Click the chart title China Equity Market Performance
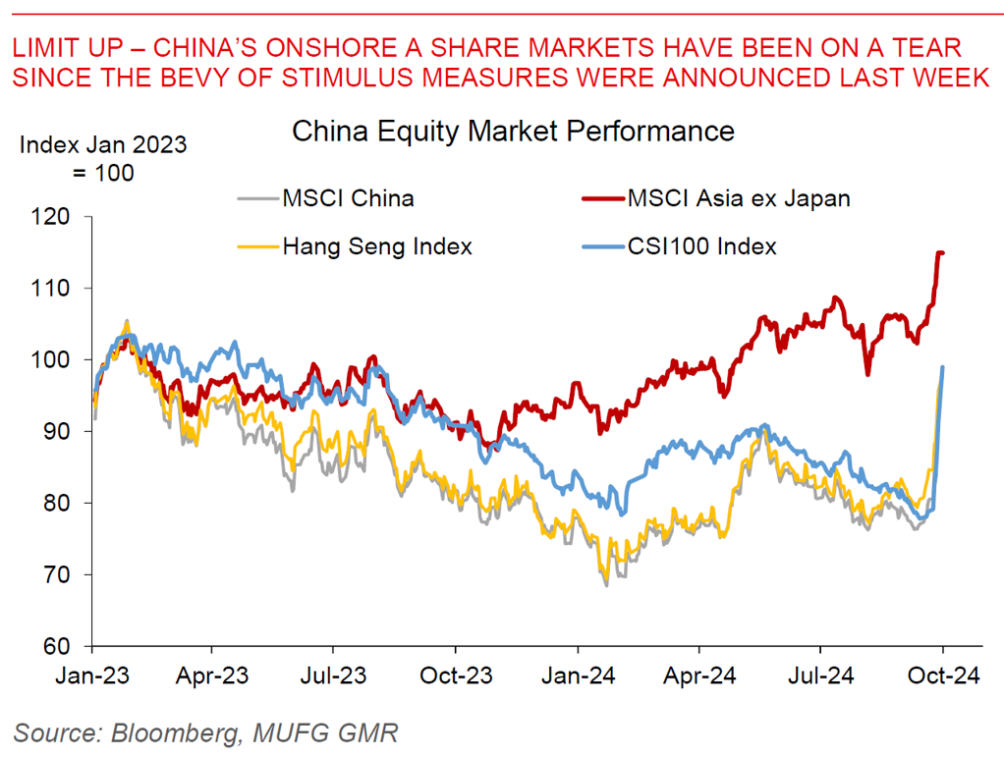pyautogui.click(x=513, y=131)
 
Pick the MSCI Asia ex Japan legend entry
pyautogui.click(x=738, y=198)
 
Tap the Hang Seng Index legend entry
pyautogui.click(x=377, y=246)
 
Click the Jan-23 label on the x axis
pyautogui.click(x=91, y=677)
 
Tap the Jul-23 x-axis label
pyautogui.click(x=333, y=677)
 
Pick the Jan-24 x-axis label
pyautogui.click(x=578, y=677)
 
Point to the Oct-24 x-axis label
pyautogui.click(x=942, y=677)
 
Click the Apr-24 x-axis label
pyautogui.click(x=698, y=677)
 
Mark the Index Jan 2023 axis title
pyautogui.click(x=103, y=145)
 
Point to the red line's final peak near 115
pyautogui.click(x=940, y=252)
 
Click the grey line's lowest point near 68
pyautogui.click(x=606, y=585)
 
